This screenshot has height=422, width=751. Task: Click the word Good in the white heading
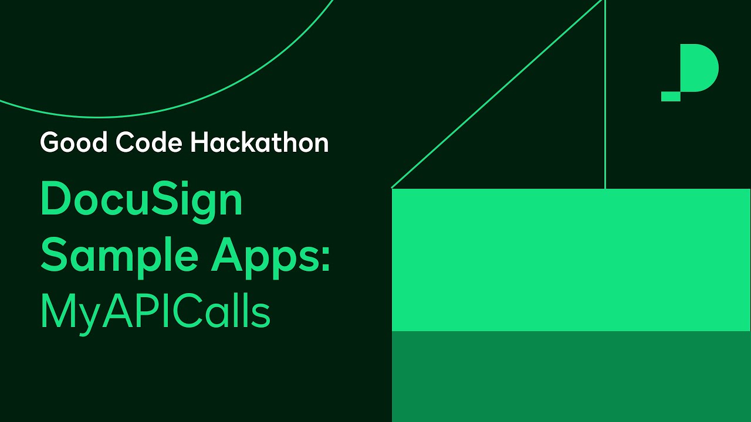74,143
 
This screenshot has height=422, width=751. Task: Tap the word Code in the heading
149,143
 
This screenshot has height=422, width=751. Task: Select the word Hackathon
259,143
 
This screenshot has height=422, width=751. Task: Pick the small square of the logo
671,97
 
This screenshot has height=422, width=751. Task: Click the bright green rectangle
571,260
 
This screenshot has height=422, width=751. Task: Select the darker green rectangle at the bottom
571,376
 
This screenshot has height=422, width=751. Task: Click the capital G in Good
50,143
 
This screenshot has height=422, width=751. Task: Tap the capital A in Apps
226,256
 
